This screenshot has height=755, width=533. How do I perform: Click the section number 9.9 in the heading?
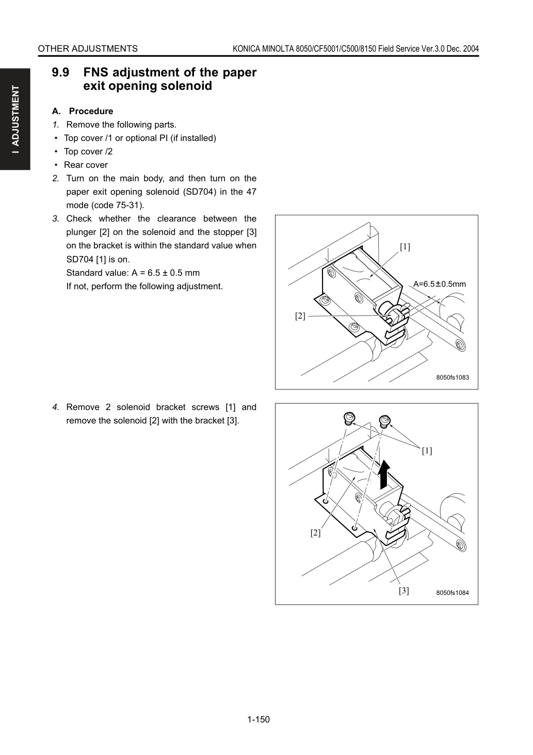click(60, 72)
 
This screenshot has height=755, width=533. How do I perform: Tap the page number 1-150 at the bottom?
click(259, 719)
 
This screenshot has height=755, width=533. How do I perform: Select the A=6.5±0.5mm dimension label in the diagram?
click(440, 284)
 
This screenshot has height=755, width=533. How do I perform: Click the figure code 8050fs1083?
click(453, 377)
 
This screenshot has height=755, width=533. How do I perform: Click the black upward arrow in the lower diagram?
click(383, 474)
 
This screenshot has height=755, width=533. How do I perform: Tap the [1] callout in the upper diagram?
click(405, 247)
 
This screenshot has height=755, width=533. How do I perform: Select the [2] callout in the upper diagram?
click(300, 316)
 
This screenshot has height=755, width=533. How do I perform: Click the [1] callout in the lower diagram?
click(427, 451)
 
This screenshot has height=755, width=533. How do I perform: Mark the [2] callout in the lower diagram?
click(315, 533)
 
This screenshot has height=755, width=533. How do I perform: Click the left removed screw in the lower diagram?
click(349, 418)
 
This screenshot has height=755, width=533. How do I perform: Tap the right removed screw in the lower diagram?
click(384, 421)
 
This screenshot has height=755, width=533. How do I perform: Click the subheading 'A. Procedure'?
click(83, 111)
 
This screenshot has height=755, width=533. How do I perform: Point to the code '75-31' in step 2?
click(131, 205)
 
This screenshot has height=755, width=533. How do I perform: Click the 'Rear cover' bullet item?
click(86, 165)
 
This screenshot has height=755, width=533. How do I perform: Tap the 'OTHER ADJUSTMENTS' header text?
click(88, 49)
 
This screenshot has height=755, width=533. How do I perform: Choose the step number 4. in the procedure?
click(56, 407)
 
